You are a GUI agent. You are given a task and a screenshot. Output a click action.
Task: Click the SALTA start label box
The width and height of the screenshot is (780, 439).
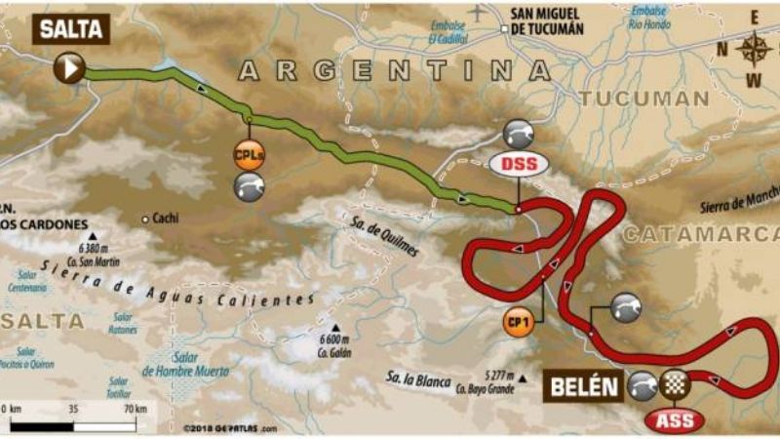point(71,28)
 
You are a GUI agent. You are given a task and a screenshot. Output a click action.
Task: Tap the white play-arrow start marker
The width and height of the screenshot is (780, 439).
point(71,67)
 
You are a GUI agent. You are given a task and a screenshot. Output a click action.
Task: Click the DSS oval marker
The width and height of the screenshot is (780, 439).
point(519,164)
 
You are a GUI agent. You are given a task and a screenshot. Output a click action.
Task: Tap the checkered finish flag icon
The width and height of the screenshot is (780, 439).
point(672,385)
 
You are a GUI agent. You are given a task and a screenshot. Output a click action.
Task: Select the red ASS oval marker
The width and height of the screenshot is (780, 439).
point(672,419)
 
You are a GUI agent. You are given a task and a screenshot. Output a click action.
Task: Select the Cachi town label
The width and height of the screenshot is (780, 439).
point(162,219)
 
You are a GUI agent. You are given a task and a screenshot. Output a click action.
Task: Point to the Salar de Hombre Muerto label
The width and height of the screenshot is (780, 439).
point(185,366)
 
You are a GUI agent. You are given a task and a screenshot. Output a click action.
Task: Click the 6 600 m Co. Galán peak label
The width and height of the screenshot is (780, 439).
point(333,343)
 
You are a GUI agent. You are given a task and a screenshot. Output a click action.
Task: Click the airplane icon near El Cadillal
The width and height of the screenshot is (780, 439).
point(476,13)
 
